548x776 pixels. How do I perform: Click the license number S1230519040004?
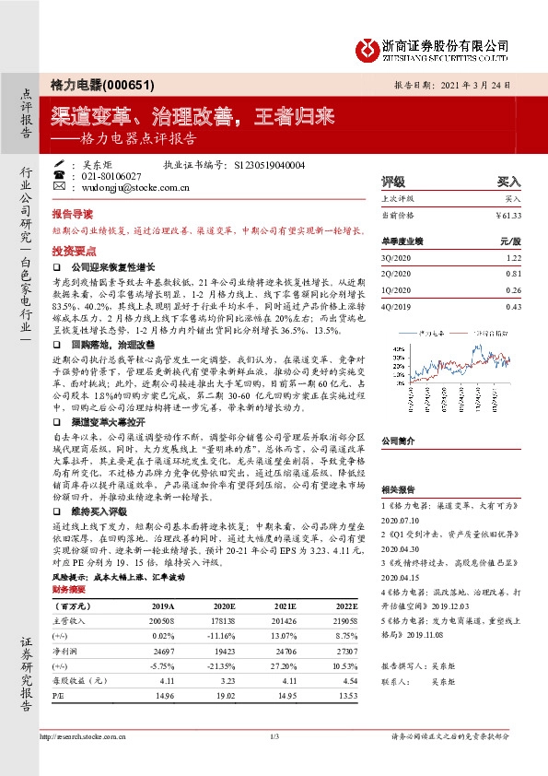[x=271, y=164]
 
